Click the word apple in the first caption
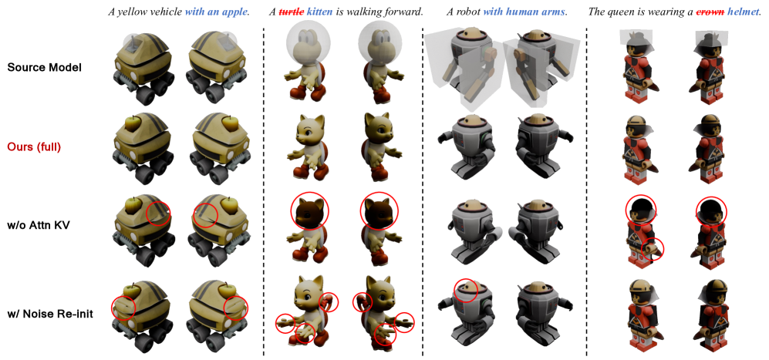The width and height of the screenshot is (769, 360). (x=236, y=12)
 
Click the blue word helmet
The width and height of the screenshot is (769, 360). (x=743, y=12)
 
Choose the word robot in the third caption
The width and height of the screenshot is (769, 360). (x=464, y=12)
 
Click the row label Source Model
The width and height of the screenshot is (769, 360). (x=44, y=68)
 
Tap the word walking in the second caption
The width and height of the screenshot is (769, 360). (x=369, y=12)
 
